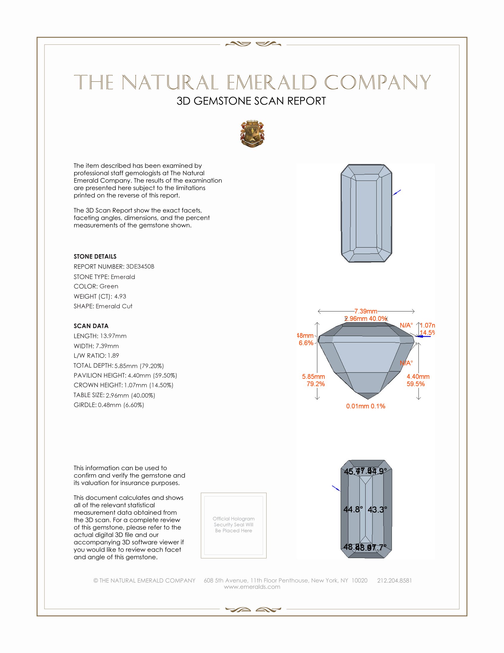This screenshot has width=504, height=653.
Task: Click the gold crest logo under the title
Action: (252, 134)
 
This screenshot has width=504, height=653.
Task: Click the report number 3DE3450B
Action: (140, 267)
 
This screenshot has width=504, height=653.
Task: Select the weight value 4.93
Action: (120, 296)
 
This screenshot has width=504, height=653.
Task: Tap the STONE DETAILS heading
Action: (95, 256)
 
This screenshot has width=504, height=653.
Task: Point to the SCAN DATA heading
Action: (91, 326)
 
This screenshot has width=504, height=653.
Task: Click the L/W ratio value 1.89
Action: (113, 356)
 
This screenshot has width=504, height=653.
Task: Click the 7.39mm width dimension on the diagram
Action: (366, 311)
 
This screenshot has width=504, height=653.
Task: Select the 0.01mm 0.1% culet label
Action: (366, 406)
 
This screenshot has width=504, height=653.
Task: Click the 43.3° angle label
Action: (377, 509)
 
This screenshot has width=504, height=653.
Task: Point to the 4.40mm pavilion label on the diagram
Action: (418, 376)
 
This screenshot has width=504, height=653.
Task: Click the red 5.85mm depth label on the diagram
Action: (313, 376)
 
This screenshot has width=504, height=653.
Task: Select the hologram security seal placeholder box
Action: (234, 525)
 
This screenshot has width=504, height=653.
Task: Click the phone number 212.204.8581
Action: (394, 580)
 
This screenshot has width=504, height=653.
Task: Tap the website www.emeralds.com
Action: (252, 587)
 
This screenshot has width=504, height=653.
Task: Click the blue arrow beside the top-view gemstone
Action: (397, 193)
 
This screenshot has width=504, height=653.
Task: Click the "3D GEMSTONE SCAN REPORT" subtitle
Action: (251, 101)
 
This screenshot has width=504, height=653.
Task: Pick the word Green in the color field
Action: (109, 286)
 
